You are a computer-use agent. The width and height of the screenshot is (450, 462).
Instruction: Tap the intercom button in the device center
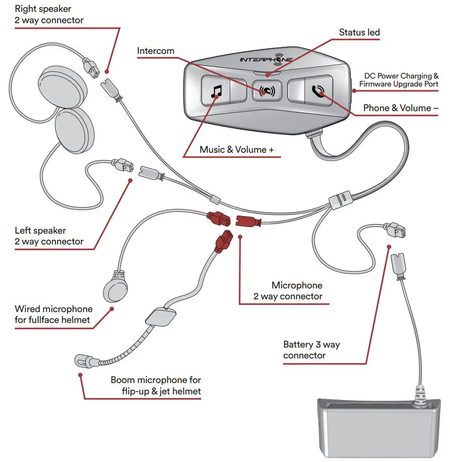(x=267, y=90)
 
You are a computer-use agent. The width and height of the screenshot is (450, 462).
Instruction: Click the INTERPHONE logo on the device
(x=266, y=60)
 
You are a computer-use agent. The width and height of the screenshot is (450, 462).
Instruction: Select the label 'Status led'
(x=359, y=33)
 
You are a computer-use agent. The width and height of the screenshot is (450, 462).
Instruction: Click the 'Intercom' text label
(x=155, y=51)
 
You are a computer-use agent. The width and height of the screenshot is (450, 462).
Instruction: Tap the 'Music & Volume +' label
(x=236, y=149)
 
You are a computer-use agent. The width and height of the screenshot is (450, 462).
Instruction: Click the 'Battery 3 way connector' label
(x=311, y=350)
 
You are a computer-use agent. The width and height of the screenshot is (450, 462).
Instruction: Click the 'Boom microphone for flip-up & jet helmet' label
(x=155, y=385)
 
